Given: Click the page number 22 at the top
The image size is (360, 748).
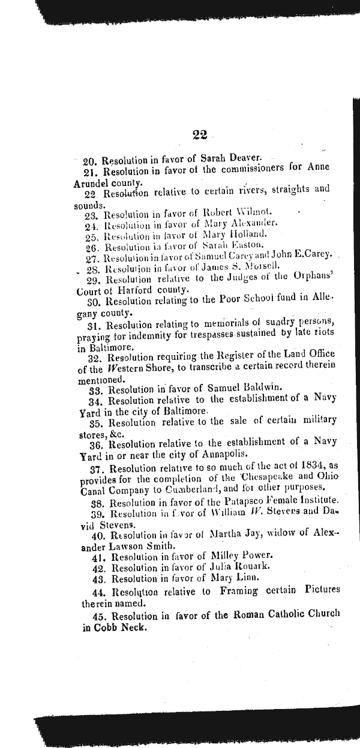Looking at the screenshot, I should [x=201, y=136].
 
